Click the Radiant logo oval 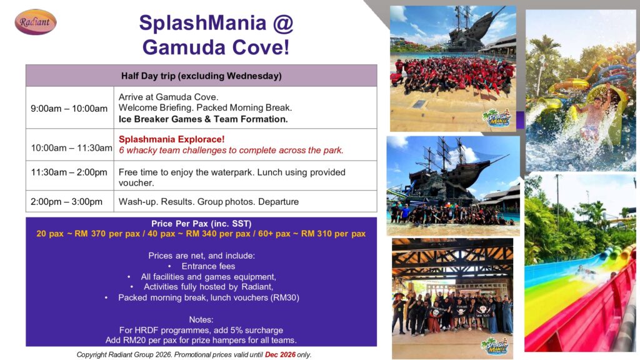[x=36, y=22]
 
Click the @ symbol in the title [x=283, y=23]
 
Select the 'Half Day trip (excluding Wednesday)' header [x=201, y=76]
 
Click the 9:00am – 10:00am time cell [x=69, y=109]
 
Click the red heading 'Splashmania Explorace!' [x=171, y=139]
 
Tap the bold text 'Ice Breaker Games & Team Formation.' [x=203, y=119]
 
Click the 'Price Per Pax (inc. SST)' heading [x=201, y=224]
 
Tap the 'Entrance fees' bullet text [x=208, y=266]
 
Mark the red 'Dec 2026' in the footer [x=280, y=355]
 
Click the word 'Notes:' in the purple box [x=201, y=319]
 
